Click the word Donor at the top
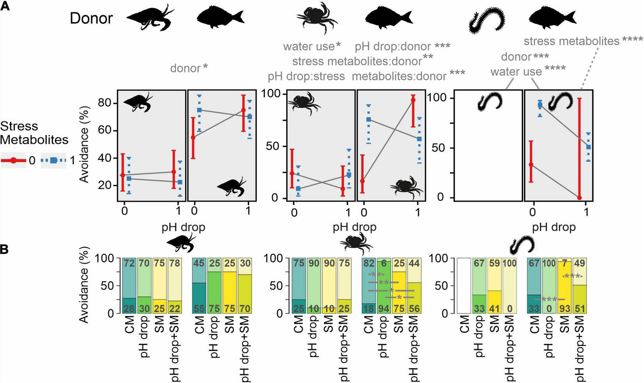click(91, 18)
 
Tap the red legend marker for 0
click(14, 161)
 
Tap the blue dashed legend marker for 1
click(53, 161)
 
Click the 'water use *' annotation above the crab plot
click(312, 46)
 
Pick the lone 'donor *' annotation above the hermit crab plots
click(189, 68)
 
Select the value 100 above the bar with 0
click(510, 263)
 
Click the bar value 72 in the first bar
click(129, 263)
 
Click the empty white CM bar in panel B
click(464, 285)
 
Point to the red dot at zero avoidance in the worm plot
click(579, 198)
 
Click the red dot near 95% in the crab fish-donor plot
click(413, 100)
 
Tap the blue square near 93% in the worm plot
click(540, 105)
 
